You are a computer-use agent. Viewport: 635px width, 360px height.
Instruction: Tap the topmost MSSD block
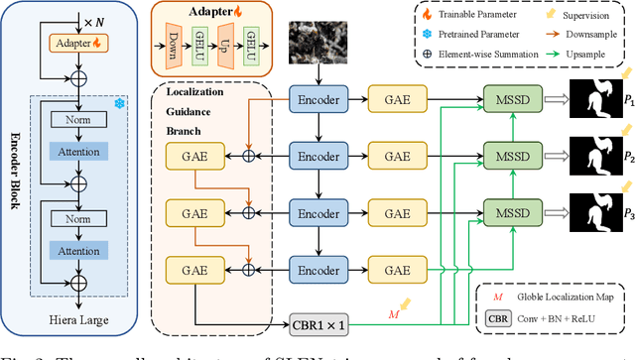[512, 101]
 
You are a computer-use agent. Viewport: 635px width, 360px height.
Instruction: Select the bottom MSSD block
[512, 212]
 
